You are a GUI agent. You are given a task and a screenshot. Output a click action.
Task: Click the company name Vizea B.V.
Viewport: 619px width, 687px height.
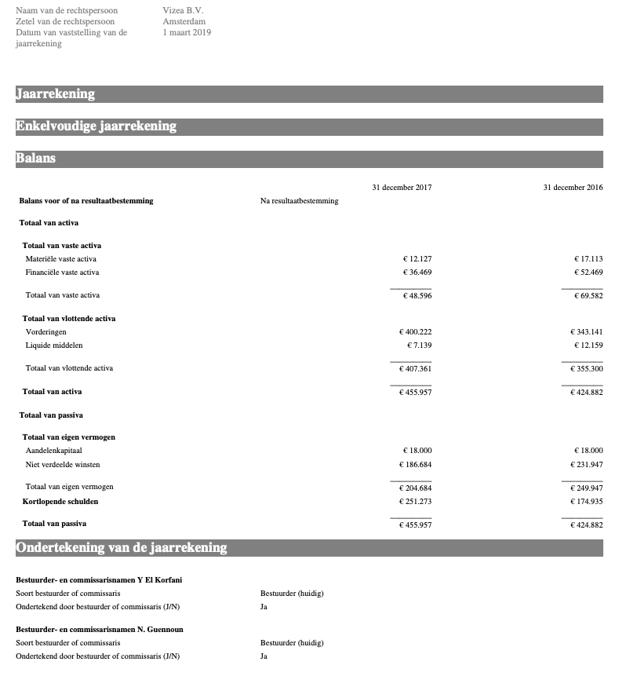184,10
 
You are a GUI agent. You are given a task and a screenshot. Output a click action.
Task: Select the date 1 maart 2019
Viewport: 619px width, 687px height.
187,32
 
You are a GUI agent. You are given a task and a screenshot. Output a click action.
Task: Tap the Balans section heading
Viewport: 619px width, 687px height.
36,158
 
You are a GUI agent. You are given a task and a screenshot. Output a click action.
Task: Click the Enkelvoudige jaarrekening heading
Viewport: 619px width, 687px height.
96,126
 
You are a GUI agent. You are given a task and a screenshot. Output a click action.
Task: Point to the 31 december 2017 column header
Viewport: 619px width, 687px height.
402,187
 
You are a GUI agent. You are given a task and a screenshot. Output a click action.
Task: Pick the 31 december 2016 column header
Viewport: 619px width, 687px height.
573,187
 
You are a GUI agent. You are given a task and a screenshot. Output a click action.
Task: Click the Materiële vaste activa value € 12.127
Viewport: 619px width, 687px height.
416,258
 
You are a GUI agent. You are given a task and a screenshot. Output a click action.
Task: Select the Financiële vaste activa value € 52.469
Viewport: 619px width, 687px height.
587,272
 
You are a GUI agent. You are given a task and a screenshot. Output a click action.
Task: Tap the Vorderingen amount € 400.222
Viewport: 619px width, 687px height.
416,331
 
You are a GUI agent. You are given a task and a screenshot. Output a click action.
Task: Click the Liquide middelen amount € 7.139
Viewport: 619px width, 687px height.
419,345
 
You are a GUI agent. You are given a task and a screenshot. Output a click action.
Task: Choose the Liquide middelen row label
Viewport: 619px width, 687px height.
54,345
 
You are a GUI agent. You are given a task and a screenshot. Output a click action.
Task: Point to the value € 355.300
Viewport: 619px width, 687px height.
587,367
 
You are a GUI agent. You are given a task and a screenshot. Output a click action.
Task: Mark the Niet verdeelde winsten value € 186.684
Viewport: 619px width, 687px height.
416,464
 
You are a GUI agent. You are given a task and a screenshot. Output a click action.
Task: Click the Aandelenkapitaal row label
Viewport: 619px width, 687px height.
54,450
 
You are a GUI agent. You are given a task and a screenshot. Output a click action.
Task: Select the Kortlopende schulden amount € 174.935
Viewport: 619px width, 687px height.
587,501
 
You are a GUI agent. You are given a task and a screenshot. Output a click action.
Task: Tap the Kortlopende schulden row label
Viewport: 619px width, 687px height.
60,501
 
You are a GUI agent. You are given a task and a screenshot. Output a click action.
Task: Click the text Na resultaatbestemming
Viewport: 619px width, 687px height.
300,200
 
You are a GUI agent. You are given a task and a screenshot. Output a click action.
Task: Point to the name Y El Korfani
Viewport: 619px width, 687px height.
161,579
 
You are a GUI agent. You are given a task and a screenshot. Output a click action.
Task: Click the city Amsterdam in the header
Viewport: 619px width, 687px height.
184,21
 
